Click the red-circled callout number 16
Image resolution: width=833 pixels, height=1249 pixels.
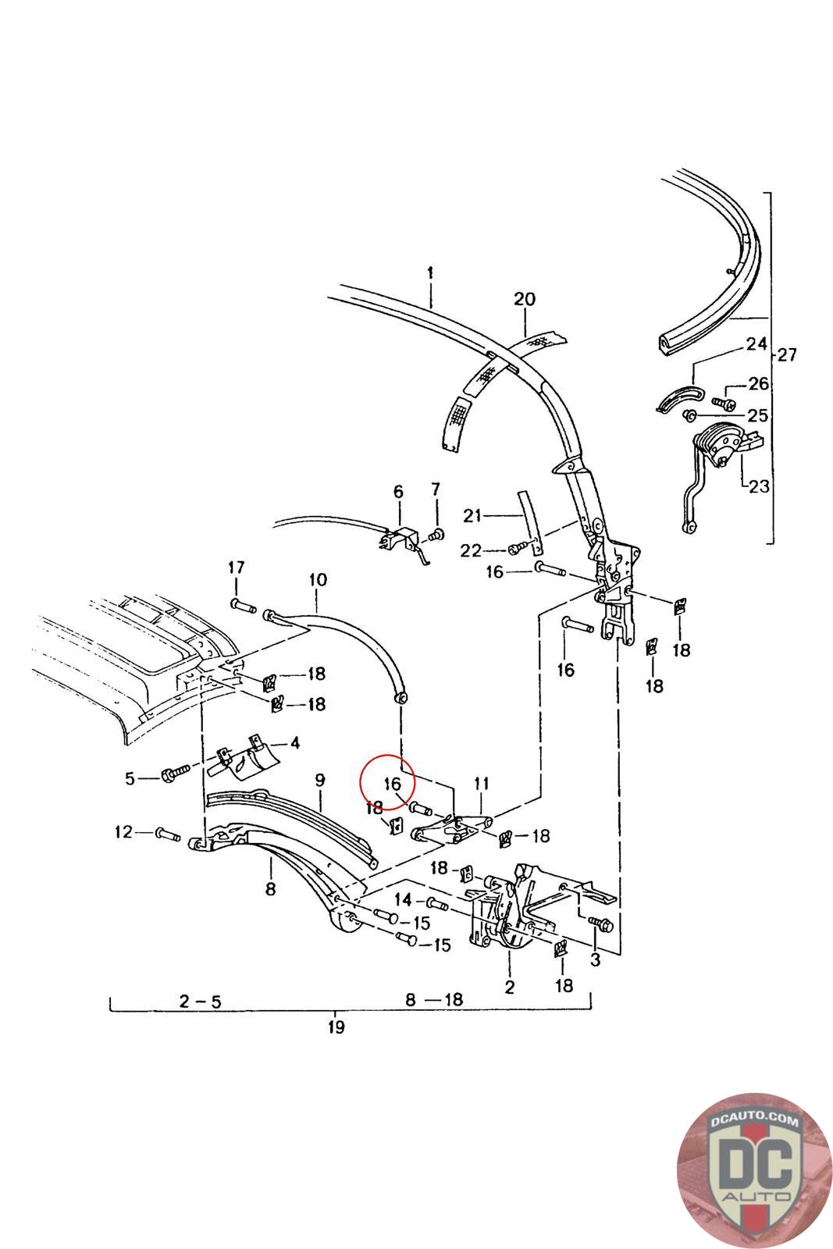[393, 784]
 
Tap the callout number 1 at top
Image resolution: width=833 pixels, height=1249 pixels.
[430, 273]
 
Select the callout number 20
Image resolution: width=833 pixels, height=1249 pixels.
[524, 300]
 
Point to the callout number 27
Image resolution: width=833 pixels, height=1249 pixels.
[786, 354]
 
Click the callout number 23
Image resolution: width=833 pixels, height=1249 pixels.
[759, 486]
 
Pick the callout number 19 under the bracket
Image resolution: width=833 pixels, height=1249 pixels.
[336, 1027]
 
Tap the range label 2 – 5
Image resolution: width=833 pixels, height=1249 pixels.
[200, 1002]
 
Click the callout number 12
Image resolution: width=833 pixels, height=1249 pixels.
[123, 832]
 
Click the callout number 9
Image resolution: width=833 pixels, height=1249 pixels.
[319, 780]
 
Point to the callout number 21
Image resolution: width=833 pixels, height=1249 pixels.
[472, 516]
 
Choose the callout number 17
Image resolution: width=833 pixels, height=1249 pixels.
[237, 568]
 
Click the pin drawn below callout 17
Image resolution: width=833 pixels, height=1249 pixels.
[243, 605]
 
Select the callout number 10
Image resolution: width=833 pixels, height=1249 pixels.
[318, 580]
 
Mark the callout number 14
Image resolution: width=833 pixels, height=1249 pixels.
[403, 899]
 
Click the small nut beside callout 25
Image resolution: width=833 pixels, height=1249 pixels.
[689, 415]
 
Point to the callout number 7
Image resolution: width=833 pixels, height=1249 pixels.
[436, 489]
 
